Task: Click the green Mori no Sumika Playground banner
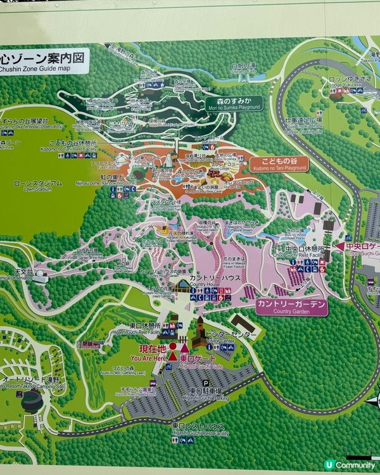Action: click(x=233, y=103)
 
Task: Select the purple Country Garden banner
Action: click(x=292, y=307)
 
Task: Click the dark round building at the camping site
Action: click(x=31, y=400)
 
